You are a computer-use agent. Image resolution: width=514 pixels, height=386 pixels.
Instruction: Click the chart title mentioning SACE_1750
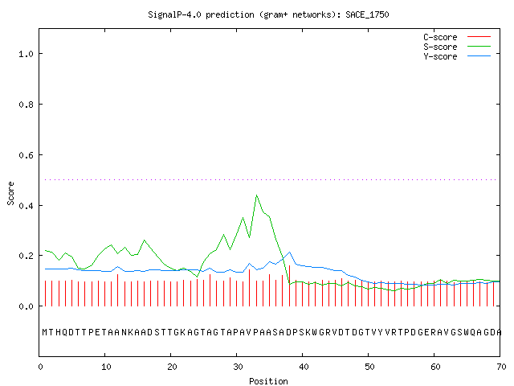point(268,14)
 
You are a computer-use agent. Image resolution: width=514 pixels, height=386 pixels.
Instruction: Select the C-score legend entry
point(457,37)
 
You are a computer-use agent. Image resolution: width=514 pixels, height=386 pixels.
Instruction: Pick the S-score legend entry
point(457,47)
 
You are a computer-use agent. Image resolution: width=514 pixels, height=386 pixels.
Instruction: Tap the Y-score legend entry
point(457,56)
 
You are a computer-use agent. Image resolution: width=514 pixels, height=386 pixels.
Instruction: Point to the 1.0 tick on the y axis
point(26,54)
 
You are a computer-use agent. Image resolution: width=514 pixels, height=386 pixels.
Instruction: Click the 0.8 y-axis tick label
point(26,105)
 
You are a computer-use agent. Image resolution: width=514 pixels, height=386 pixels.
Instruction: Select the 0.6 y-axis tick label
point(26,155)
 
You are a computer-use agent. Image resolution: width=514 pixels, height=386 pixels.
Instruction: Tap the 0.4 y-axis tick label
point(26,206)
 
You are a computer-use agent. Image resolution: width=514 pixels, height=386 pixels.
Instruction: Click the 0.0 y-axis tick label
point(26,306)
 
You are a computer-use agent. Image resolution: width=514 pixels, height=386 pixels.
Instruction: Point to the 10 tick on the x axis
point(106,367)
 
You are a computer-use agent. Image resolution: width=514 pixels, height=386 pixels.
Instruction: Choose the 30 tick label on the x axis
point(238,367)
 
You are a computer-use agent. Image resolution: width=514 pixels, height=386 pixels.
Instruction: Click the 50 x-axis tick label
point(369,367)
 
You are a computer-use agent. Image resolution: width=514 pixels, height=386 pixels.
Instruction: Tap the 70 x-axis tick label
point(501,367)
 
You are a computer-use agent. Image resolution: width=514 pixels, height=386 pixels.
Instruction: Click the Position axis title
point(268,381)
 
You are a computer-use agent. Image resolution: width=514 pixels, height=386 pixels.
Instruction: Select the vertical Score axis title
point(10,193)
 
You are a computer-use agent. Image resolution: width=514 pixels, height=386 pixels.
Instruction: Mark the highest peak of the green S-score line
point(256,195)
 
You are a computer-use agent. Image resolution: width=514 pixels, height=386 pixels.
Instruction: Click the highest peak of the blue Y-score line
point(289,252)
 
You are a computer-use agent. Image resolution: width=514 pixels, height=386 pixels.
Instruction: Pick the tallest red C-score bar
point(289,285)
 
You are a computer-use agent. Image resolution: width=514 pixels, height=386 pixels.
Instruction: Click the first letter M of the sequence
point(45,332)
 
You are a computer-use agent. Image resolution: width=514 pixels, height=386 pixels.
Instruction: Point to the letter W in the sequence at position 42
point(315,332)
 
